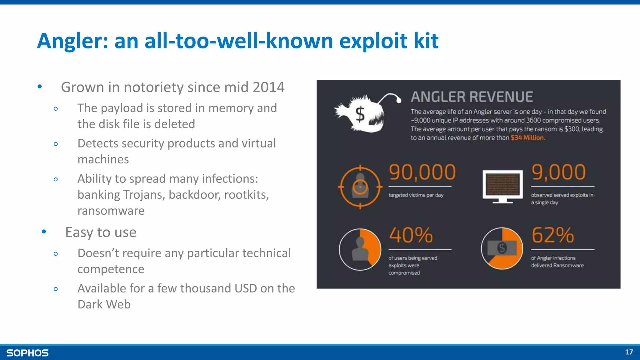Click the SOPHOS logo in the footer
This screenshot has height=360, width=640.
tap(27, 353)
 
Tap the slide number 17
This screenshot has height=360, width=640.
tap(629, 352)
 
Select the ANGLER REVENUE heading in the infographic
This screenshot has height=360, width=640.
tap(472, 97)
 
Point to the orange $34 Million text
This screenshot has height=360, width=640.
tap(527, 138)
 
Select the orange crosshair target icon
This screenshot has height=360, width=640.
tap(360, 187)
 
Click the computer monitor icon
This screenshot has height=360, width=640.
tap(502, 187)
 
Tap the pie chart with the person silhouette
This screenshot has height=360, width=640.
tap(360, 249)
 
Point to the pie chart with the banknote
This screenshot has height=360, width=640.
tap(502, 248)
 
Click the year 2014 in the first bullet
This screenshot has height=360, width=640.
tap(268, 87)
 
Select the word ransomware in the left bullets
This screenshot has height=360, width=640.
tap(111, 211)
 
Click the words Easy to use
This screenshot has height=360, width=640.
tap(101, 232)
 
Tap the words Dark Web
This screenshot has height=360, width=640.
tap(104, 304)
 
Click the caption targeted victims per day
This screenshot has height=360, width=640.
tap(416, 195)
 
